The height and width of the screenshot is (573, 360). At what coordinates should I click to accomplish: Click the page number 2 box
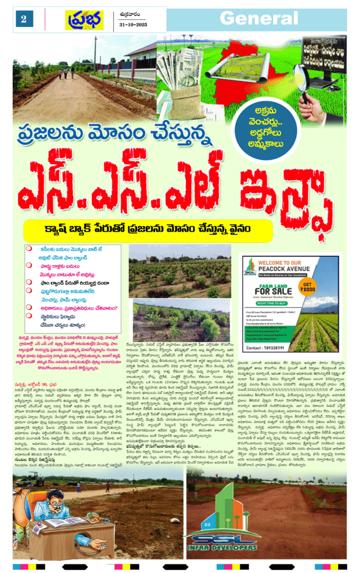pyautogui.click(x=24, y=19)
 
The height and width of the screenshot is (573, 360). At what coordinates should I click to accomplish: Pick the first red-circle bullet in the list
pyautogui.click(x=28, y=248)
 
